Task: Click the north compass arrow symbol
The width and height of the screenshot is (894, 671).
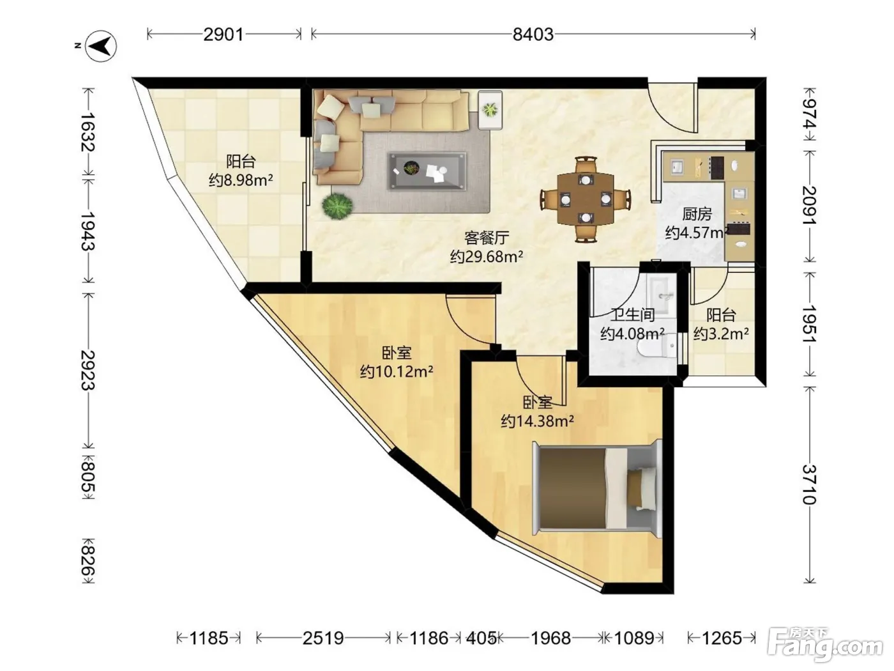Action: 101,46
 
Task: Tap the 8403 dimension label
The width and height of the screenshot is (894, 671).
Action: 533,35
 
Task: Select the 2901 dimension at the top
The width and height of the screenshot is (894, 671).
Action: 223,35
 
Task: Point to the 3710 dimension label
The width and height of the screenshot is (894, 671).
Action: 809,484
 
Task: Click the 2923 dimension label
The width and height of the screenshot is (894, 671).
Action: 88,371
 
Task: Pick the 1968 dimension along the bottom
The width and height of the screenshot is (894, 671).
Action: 550,638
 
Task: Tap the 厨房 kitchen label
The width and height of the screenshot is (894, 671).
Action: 697,214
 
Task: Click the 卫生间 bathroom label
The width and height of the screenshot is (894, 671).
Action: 633,314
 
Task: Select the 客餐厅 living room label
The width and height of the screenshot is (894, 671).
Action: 487,238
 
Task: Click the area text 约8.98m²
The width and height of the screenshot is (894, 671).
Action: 241,180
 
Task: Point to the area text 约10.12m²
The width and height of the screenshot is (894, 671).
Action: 397,371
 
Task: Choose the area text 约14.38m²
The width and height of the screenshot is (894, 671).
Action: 538,421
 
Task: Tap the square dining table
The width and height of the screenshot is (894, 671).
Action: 586,199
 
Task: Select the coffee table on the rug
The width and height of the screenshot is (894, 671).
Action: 427,171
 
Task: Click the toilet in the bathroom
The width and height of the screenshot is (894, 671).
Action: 657,347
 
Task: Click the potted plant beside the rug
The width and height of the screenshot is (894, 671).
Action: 337,206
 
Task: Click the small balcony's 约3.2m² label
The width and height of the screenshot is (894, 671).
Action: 722,334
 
